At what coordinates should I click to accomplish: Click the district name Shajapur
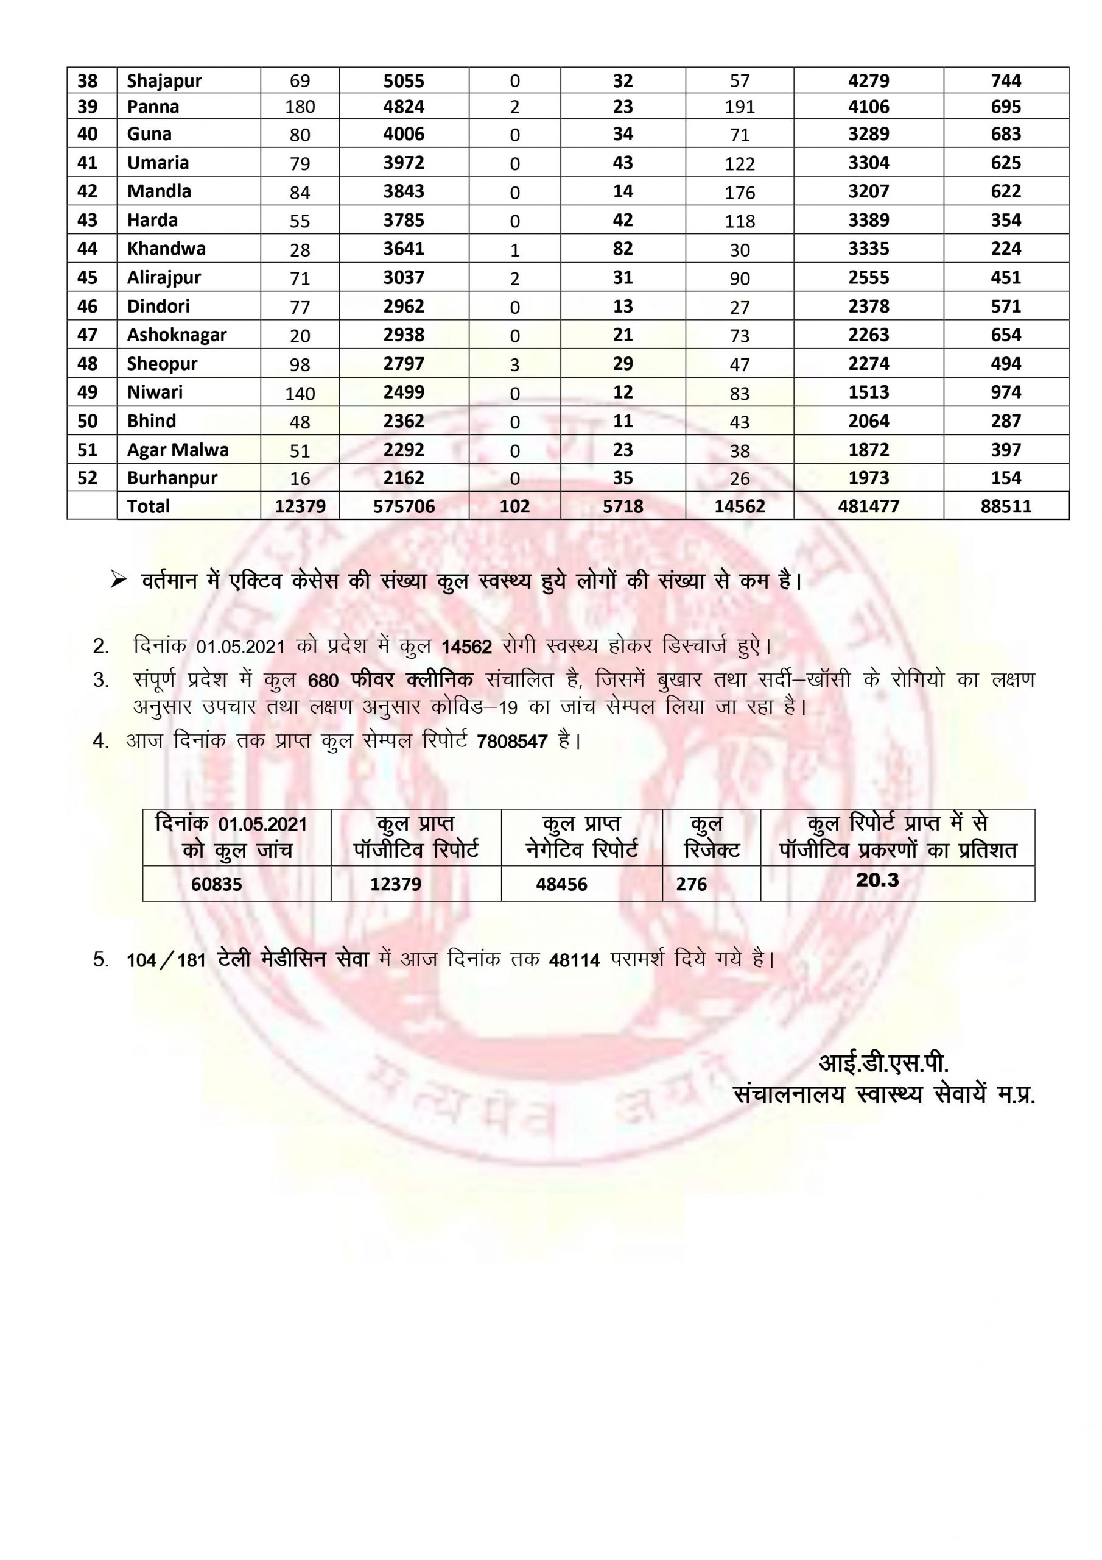coord(164,81)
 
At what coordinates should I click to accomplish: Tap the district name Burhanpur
coord(172,478)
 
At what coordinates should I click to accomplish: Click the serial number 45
coord(88,277)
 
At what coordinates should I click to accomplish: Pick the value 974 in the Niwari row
coord(1006,392)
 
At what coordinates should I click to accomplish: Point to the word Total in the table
coord(148,506)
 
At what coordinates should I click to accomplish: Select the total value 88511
coord(1006,506)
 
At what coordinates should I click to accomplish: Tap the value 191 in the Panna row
coord(739,107)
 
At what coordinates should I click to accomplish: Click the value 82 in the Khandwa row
coord(623,249)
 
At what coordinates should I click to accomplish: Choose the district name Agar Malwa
coord(178,450)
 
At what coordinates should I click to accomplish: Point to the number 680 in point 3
coord(323,680)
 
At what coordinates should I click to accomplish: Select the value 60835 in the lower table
coord(217,884)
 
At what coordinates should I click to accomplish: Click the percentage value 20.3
coord(877,880)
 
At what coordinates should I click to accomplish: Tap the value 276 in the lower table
coord(691,884)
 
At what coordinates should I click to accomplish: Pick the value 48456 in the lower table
coord(561,884)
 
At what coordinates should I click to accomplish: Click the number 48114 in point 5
coord(574,960)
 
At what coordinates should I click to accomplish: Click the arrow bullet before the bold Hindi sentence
coord(119,580)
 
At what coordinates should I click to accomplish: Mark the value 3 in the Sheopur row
coord(514,365)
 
